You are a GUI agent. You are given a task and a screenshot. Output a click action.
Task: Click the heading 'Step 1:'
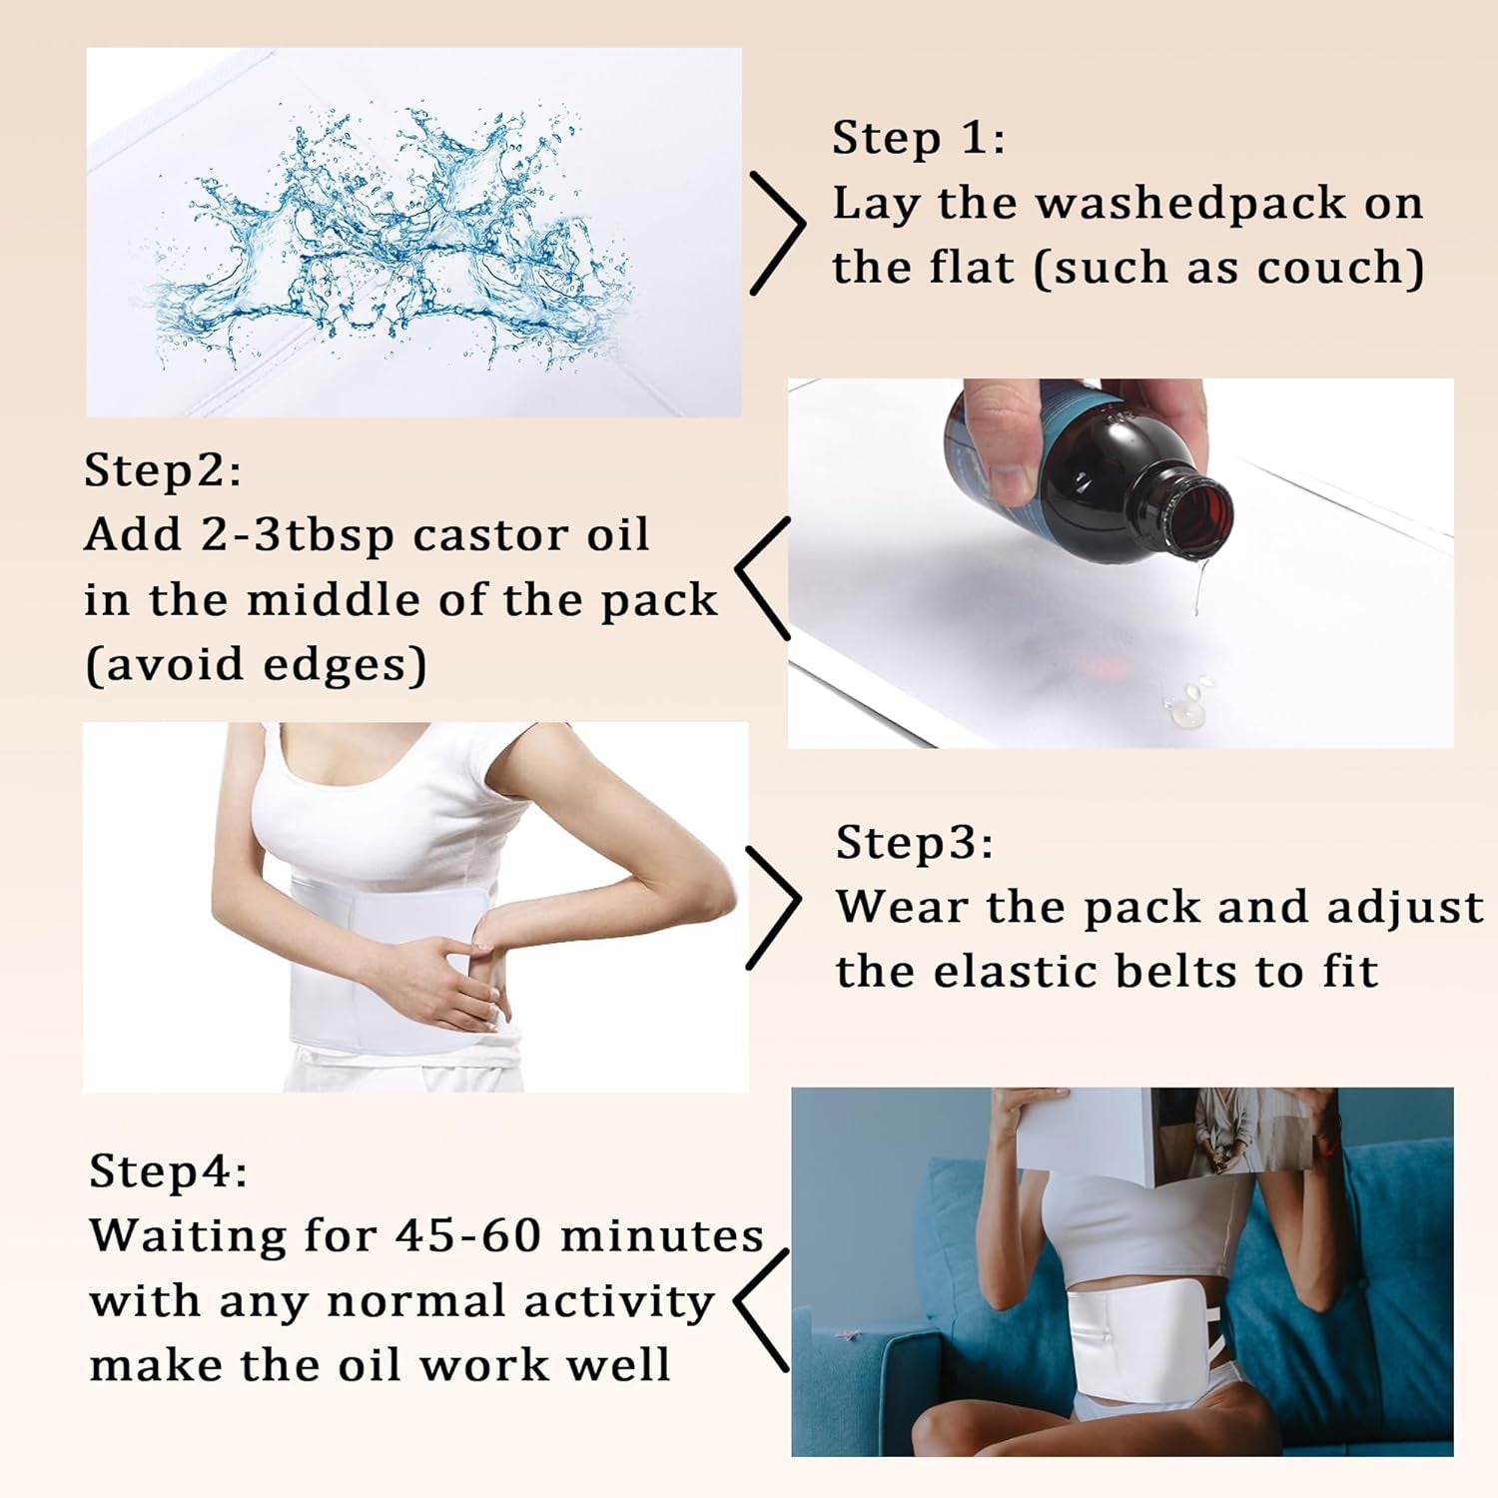point(918,138)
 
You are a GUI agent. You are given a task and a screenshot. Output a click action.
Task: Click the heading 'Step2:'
point(162,469)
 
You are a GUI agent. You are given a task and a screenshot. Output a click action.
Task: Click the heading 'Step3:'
point(914,842)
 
